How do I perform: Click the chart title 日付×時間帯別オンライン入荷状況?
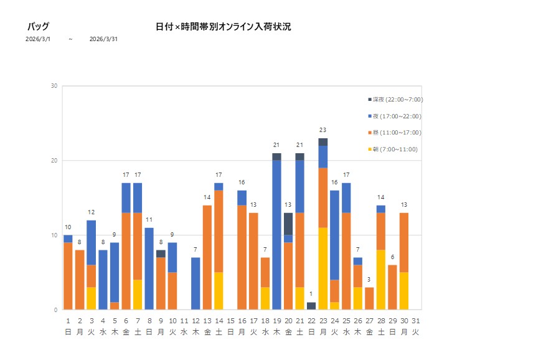223,27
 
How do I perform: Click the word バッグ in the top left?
38,27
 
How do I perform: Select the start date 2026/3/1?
38,39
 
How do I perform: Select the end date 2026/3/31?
103,39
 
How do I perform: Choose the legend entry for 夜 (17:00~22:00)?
395,116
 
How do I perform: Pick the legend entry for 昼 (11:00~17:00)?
395,133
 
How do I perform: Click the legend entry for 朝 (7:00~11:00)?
393,149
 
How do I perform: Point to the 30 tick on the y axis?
55,86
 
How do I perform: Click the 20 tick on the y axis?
55,161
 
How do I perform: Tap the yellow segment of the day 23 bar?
323,268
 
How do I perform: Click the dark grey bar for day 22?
311,306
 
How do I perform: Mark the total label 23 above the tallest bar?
322,130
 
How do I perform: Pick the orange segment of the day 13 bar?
207,257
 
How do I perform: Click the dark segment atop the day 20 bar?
288,224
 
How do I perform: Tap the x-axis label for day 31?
415,326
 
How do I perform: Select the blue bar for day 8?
149,268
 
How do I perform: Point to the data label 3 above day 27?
369,280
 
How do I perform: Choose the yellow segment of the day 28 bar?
381,280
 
